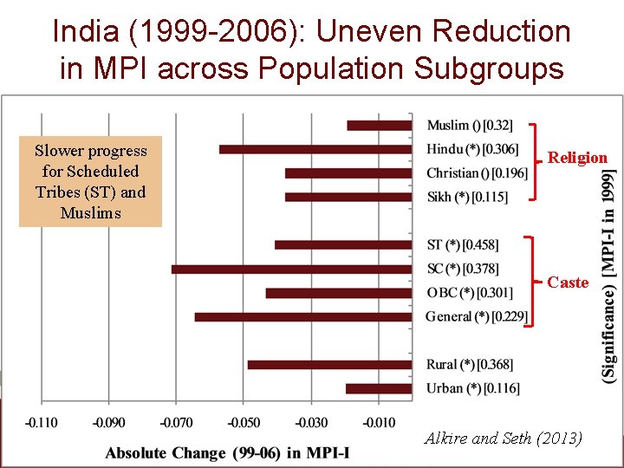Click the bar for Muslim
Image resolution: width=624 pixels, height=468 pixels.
tap(379, 126)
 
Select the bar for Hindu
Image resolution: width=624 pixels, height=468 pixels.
tap(315, 149)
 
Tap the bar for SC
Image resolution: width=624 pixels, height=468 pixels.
tap(291, 269)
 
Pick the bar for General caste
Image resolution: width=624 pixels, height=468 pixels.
tap(303, 317)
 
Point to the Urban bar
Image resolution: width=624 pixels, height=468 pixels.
tap(378, 388)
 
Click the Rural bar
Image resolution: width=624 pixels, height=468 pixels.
tap(329, 365)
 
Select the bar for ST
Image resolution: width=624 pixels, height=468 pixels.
tap(343, 245)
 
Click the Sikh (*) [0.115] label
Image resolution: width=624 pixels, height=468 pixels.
tap(466, 198)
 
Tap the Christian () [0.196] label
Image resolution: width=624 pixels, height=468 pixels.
tap(477, 173)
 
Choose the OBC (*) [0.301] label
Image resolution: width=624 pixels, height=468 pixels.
tap(469, 293)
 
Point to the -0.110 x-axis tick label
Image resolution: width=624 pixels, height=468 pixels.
tap(41, 422)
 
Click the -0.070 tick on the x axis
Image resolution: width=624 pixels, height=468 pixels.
tap(176, 422)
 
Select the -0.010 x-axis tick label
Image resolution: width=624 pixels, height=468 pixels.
tap(379, 422)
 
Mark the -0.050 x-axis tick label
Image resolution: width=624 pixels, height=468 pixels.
tap(244, 422)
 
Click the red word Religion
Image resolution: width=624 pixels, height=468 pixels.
tap(577, 157)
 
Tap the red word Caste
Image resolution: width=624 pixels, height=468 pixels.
tap(568, 283)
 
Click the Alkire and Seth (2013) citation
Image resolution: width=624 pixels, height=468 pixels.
tap(504, 439)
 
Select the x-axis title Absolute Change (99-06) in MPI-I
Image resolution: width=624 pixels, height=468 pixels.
tap(228, 452)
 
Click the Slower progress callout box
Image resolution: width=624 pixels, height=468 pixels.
tap(90, 182)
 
